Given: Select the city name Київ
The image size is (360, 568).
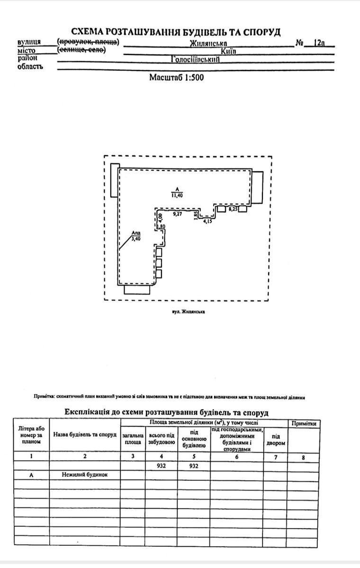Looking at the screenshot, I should [x=228, y=51].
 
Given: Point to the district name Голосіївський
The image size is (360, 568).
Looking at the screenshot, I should [x=195, y=60].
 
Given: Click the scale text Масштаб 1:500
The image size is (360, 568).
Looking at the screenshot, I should [x=177, y=77].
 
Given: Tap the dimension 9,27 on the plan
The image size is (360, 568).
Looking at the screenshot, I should [x=178, y=214].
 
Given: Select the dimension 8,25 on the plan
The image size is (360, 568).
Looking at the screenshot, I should [x=233, y=208].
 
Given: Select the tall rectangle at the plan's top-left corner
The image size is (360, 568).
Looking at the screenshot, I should [x=114, y=180].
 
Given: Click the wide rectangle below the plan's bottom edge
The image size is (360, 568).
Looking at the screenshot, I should [x=137, y=290].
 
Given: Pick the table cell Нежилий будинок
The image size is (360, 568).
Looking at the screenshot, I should [x=85, y=475].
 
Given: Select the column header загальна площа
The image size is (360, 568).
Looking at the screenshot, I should [x=133, y=438].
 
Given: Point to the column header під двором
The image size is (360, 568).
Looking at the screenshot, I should [x=275, y=440].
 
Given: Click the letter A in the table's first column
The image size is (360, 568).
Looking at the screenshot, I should [x=31, y=475].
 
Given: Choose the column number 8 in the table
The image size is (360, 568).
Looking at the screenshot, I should [x=303, y=457].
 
